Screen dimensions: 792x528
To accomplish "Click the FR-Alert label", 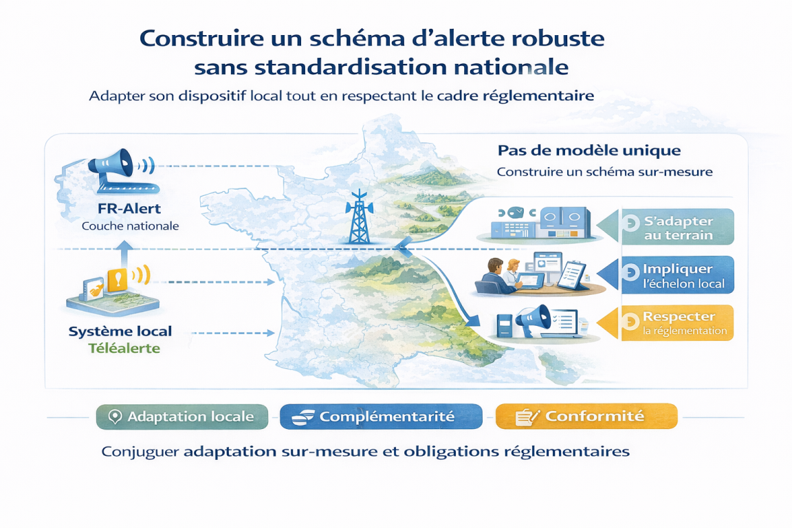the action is coord(129,209).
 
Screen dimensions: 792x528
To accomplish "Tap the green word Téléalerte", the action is coord(124,348).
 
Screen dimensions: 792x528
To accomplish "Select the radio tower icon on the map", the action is coord(359,217).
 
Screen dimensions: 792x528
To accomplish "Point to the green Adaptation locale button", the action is coord(182,417).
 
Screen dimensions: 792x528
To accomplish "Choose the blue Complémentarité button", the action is coord(382,417).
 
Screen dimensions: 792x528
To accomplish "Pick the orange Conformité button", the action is coord(586,416).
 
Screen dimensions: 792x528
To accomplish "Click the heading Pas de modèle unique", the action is coord(589,151).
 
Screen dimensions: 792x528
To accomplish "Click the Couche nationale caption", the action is coord(131,226).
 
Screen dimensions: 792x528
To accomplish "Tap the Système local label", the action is coord(120,331).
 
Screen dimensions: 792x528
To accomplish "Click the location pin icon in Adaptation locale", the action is coord(115,417).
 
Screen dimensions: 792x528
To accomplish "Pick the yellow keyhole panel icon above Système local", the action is coord(117,279).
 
